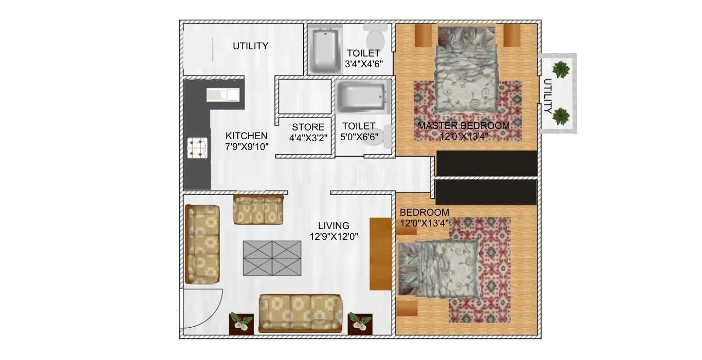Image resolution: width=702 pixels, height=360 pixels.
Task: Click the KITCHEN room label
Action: coord(246,136)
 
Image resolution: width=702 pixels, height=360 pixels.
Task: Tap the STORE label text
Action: coord(308,127)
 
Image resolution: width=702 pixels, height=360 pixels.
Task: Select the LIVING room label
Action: coord(334,225)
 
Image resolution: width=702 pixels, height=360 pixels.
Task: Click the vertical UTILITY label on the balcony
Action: coord(548,96)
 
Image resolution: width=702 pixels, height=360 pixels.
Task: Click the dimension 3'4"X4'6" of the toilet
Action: coord(363,64)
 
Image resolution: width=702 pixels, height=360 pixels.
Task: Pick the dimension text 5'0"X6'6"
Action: coord(359,137)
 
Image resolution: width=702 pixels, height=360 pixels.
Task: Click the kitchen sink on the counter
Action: coord(223,94)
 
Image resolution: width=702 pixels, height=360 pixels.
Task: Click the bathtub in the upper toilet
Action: coord(324,50)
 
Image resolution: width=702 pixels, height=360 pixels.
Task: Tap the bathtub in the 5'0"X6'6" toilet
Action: coord(361,98)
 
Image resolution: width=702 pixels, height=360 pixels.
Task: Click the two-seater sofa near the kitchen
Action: coord(258,209)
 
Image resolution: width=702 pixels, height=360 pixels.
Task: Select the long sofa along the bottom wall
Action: coord(300,313)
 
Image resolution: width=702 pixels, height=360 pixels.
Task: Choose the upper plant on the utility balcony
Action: coord(561,69)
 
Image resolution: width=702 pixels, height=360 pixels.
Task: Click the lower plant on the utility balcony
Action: coord(561,116)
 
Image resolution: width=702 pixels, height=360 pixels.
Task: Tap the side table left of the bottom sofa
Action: coord(241,324)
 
